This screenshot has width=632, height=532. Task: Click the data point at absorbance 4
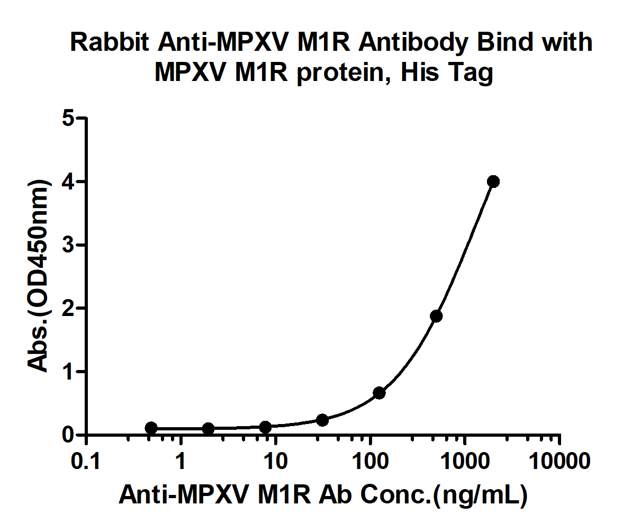pos(493,182)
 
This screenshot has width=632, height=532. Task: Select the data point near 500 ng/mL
pos(436,316)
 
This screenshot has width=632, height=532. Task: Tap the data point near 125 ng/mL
pos(379,393)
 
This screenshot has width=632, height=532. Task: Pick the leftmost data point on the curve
pos(151,428)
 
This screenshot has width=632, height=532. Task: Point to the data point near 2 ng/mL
pos(209,428)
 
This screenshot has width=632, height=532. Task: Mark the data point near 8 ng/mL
pos(266,427)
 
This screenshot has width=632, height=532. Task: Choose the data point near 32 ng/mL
pos(322,420)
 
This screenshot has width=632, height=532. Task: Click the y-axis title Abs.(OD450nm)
pos(39,275)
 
